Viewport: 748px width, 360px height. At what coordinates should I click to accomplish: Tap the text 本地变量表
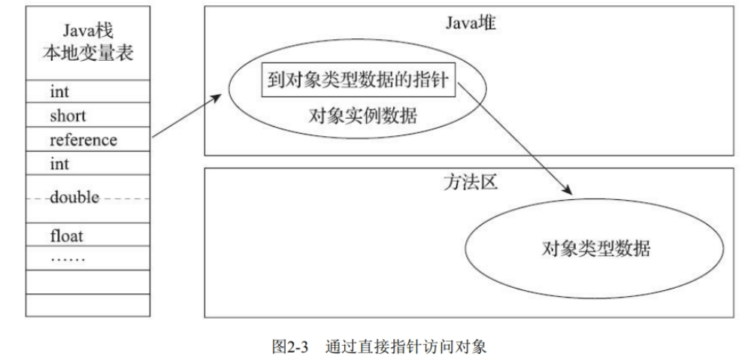point(88,53)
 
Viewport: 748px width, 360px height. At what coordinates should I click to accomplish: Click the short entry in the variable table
point(68,116)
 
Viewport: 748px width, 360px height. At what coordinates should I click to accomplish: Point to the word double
point(74,196)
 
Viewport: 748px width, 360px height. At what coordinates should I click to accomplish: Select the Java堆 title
point(471,23)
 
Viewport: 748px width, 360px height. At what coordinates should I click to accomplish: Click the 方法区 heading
point(471,183)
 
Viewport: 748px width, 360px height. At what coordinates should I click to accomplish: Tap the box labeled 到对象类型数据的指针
point(359,79)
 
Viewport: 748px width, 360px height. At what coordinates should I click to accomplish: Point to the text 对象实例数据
point(363,116)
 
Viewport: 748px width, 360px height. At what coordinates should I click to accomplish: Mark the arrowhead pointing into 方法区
point(566,189)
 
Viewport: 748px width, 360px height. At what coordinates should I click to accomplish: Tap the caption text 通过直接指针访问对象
point(407,346)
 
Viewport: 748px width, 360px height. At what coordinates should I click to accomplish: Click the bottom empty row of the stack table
point(88,305)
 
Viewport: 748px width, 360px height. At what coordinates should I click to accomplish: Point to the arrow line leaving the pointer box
point(515,138)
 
